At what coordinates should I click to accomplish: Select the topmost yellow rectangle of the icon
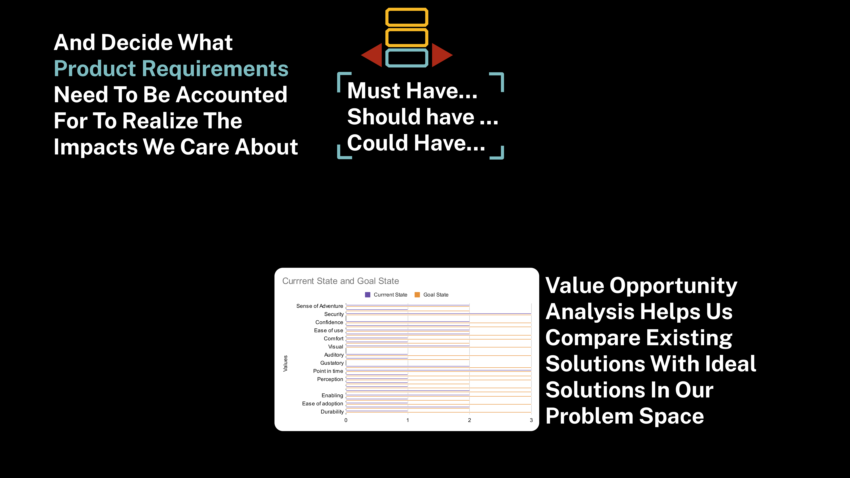(x=407, y=17)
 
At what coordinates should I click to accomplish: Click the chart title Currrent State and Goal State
(x=341, y=281)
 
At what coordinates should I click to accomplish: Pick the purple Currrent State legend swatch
(x=368, y=295)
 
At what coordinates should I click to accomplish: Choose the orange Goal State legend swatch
(x=417, y=295)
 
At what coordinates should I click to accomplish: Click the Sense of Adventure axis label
(x=320, y=306)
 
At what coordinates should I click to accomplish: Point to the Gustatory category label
(x=332, y=363)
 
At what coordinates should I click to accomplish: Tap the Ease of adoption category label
(x=323, y=403)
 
